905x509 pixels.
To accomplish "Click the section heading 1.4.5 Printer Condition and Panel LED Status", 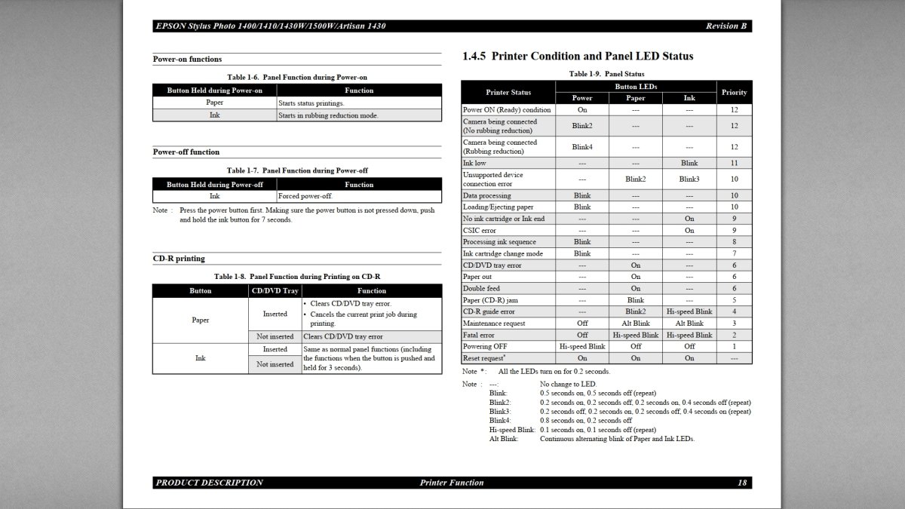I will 577,56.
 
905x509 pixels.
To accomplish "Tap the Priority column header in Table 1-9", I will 734,92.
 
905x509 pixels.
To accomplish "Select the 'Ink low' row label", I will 475,163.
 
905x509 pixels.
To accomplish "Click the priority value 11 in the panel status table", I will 734,163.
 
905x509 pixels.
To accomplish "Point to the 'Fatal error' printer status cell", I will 479,335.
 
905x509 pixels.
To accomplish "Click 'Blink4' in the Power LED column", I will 582,147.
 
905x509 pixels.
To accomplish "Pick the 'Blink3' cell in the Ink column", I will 689,179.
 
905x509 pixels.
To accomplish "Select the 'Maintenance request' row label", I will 492,323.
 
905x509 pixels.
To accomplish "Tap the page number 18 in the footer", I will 742,483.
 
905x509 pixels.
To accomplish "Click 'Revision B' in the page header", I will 726,26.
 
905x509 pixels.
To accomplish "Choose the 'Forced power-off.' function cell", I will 305,196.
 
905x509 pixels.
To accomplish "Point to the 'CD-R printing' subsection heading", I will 179,259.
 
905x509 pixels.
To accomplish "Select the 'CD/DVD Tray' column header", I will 275,290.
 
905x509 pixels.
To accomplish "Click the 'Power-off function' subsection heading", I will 186,152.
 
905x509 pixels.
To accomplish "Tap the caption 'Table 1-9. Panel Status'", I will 606,74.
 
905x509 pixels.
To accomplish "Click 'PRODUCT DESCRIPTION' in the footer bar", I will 209,483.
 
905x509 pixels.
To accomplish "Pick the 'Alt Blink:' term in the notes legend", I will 504,439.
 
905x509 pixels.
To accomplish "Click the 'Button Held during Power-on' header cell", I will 214,90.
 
